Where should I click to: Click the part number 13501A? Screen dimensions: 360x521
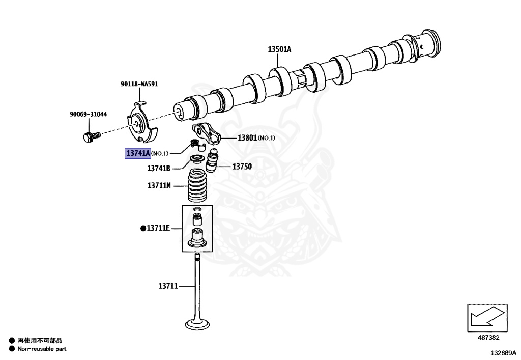coord(279,49)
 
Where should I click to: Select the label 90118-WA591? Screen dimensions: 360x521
coord(139,84)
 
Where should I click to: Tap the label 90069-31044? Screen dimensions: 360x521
coord(89,114)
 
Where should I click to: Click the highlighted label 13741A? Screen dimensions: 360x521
coord(138,153)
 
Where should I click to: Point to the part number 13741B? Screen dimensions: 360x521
coord(159,168)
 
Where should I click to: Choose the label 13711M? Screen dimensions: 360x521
coord(159,186)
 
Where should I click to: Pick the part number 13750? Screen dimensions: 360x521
coord(242,167)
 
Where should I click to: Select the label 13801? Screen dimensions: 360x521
coord(248,137)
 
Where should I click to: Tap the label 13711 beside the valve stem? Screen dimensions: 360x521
coord(167,286)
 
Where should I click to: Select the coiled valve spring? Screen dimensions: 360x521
coord(197,186)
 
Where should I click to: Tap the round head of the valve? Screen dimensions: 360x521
coord(196,324)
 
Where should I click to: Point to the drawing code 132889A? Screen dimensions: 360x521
coord(503,352)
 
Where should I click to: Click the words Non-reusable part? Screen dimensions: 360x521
coord(42,349)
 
